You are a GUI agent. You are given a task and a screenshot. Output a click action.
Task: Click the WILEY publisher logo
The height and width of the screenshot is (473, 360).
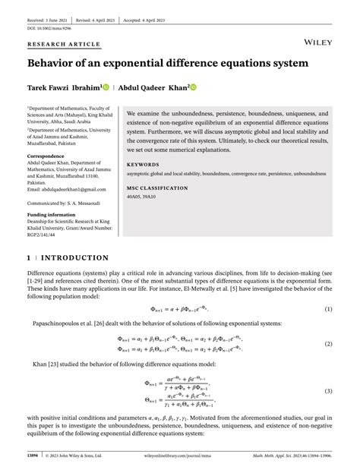pos(320,38)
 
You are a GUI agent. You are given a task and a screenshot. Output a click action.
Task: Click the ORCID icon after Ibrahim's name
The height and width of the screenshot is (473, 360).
pos(106,87)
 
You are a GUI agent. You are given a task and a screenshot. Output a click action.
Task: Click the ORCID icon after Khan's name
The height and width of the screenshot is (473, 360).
pos(193,87)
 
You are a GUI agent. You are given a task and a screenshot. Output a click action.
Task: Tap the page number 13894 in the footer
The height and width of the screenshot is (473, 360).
pos(35,456)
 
